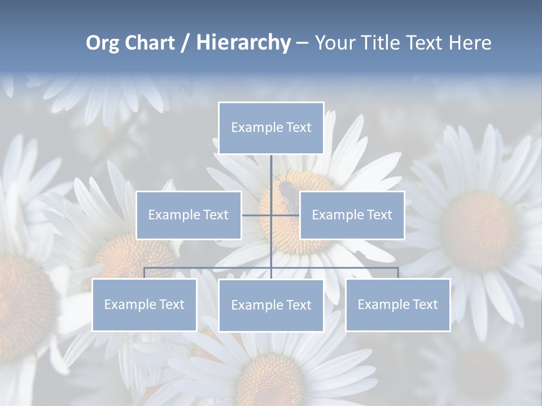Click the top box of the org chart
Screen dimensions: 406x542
271,128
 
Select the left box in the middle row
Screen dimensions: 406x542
189,215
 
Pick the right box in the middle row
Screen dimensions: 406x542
352,215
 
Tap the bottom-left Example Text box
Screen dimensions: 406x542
144,304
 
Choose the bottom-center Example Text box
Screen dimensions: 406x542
271,305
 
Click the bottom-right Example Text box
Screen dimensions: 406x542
397,304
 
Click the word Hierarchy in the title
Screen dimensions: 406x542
243,43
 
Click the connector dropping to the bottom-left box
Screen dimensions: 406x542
145,273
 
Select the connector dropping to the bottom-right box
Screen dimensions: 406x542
398,273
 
